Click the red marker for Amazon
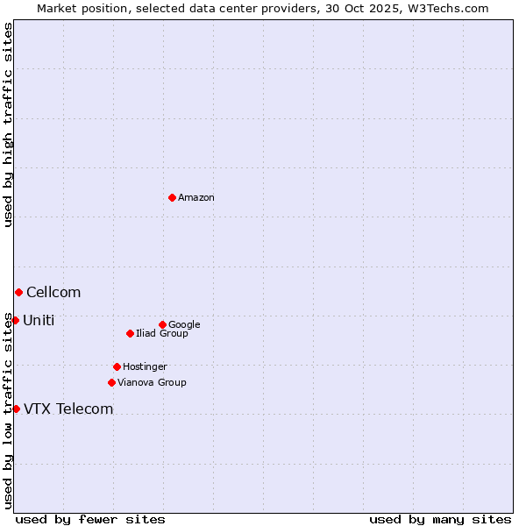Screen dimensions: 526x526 [x=172, y=197]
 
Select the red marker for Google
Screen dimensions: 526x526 [x=162, y=324]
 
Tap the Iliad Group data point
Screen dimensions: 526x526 [x=130, y=333]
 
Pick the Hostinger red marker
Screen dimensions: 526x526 [x=117, y=366]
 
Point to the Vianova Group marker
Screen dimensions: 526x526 [x=111, y=382]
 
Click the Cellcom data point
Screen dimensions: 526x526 [x=18, y=292]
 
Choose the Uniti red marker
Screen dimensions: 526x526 [x=15, y=320]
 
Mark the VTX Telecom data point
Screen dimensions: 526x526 [x=16, y=409]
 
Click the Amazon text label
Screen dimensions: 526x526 [x=196, y=198]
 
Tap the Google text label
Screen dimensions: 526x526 [x=184, y=324]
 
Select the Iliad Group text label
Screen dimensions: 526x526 [x=162, y=333]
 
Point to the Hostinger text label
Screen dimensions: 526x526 [x=145, y=366]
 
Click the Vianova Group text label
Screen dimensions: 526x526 [x=152, y=382]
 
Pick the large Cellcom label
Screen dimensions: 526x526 [x=53, y=293]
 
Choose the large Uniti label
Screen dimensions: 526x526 [x=39, y=321]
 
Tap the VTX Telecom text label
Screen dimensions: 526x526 [x=68, y=409]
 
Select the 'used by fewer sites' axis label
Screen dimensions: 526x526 [x=90, y=519]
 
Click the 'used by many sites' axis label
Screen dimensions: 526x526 [x=439, y=519]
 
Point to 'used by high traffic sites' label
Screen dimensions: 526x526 [x=8, y=124]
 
